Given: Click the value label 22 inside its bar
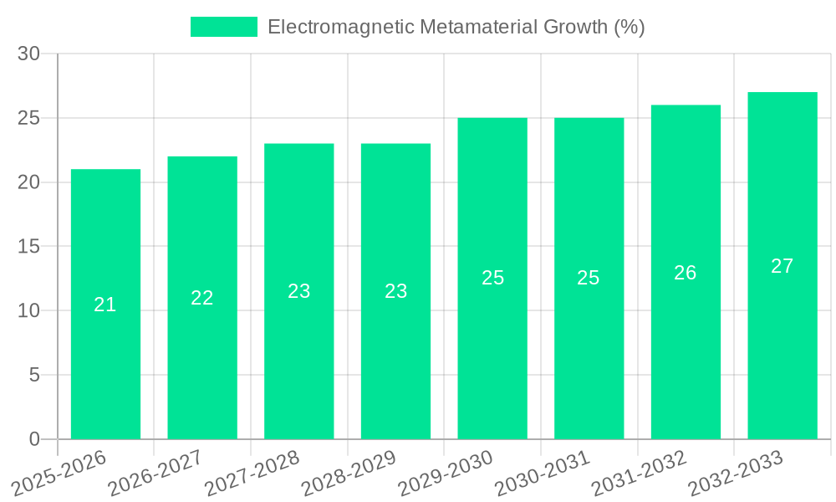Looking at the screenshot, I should (x=202, y=298).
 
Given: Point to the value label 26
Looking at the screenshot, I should (x=686, y=273).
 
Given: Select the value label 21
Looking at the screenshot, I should (x=105, y=305).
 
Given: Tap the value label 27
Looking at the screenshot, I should (x=782, y=266).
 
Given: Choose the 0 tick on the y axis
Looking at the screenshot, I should (x=34, y=439).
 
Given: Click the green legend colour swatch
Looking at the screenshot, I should (x=224, y=27).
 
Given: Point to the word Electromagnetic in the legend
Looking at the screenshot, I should (x=340, y=27).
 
